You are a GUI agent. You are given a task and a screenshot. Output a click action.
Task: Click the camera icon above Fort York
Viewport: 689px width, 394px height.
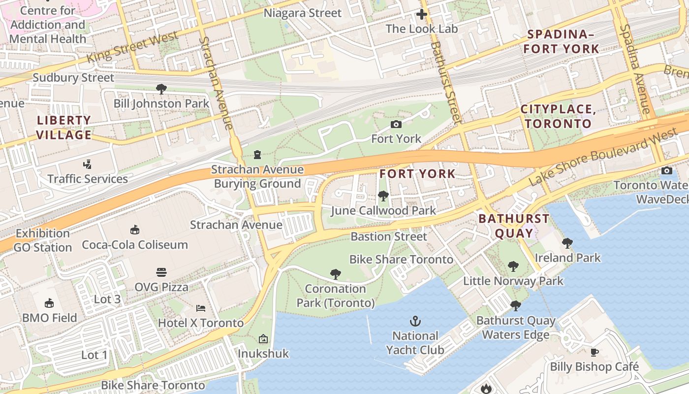click(396, 124)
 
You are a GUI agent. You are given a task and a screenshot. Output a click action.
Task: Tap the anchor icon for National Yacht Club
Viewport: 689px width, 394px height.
click(415, 322)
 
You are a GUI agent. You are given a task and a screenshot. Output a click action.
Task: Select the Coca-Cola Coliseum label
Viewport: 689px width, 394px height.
click(134, 245)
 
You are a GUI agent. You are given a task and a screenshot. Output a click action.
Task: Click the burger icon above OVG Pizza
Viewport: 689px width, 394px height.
click(161, 272)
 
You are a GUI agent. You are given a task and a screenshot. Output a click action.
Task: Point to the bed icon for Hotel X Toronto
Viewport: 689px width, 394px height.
click(201, 308)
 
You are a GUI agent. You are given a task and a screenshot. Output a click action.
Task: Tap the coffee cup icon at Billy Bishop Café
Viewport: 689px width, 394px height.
click(595, 352)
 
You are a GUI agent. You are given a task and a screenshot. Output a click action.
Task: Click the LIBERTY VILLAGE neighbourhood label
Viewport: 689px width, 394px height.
click(64, 128)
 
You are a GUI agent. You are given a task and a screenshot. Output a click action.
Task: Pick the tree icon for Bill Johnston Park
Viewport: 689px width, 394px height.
click(161, 89)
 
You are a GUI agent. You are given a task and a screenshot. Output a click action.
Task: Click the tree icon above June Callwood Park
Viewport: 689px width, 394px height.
click(383, 196)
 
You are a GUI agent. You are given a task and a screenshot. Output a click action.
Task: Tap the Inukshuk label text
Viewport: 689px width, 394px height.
click(263, 354)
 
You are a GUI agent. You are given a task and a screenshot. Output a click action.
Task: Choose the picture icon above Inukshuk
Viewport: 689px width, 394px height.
click(263, 339)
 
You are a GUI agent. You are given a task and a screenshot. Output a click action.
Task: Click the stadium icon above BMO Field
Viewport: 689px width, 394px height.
click(49, 303)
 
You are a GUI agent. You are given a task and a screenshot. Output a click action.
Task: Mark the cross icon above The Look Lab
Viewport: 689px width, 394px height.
click(422, 14)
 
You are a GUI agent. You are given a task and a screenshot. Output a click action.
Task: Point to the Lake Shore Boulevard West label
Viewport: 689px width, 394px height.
click(603, 157)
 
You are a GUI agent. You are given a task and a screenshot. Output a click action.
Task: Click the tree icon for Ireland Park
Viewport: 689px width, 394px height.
click(567, 243)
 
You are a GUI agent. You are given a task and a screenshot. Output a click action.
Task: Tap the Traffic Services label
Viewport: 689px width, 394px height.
click(88, 179)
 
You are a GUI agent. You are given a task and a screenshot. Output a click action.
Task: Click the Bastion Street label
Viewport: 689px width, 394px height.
click(389, 236)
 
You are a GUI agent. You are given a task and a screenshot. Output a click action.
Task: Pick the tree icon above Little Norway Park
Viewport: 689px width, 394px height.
click(513, 266)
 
